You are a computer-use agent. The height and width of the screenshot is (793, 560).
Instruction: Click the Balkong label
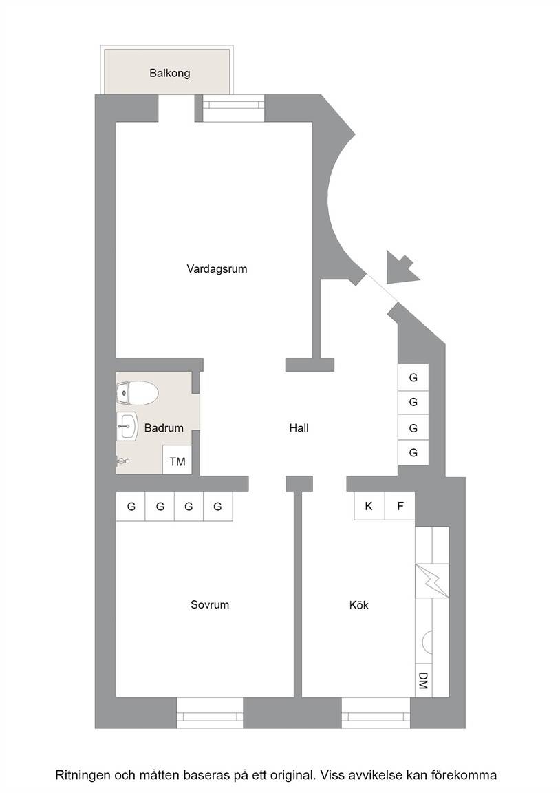pos(170,74)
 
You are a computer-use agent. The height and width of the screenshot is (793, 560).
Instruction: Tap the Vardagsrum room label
pos(217,269)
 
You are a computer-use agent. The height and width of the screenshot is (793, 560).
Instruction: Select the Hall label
pos(299,428)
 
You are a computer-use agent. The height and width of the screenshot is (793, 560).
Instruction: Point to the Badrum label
pos(164,428)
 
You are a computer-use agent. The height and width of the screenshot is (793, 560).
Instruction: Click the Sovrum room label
pos(210,605)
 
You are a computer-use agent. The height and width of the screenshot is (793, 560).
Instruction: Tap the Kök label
pos(359,605)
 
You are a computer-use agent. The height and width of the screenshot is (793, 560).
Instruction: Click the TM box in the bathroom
pos(177,460)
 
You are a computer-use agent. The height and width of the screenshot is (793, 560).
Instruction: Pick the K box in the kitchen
pos(369,505)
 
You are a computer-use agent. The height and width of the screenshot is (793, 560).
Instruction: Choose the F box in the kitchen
pos(400,505)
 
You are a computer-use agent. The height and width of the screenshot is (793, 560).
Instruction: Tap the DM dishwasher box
pos(423,680)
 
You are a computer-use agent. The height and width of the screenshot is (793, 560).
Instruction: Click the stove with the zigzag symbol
pos(432,580)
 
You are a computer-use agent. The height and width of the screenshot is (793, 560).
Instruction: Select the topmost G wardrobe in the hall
pos(413,377)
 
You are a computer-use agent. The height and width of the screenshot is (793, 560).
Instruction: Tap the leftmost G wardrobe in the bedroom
pos(131,506)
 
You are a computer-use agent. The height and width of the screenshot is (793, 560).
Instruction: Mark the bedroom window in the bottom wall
pos(210,713)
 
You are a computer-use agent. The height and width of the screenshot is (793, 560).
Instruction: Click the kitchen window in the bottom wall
pos(376,713)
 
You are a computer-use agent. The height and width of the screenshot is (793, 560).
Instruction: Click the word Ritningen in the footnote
pos(81,775)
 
